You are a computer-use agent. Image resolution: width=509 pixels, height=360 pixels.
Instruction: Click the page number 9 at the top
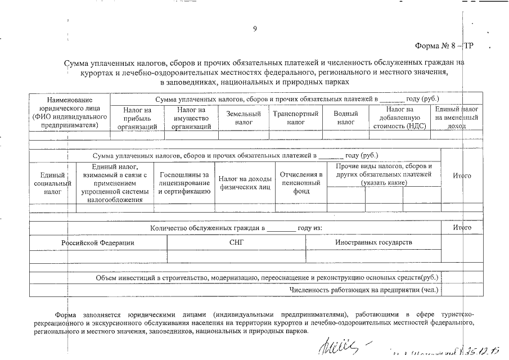click(255, 29)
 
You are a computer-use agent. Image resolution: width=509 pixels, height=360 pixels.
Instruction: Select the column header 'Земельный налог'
click(244, 118)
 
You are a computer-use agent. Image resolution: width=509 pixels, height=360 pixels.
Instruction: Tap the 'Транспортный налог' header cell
click(296, 118)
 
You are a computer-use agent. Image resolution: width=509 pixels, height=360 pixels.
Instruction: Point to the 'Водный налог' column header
click(346, 118)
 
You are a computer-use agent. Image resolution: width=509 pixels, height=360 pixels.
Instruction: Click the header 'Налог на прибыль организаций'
click(137, 118)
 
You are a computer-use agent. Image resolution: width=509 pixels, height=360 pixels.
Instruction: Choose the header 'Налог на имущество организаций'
click(191, 118)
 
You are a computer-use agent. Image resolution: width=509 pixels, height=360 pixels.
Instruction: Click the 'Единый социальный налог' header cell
click(52, 183)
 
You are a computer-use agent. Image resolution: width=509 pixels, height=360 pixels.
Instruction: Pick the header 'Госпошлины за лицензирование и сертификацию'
click(184, 183)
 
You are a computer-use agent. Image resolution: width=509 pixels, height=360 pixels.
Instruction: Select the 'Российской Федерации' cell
click(98, 242)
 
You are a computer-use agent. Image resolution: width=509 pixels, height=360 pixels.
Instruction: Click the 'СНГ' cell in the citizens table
click(236, 242)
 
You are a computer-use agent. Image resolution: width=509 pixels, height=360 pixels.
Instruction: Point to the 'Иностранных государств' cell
click(373, 242)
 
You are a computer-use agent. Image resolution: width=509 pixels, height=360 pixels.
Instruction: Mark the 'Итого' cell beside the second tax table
click(462, 176)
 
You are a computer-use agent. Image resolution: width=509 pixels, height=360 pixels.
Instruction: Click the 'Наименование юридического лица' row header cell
click(70, 112)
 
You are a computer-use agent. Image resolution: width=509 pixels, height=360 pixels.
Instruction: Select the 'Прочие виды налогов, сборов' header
click(384, 174)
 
